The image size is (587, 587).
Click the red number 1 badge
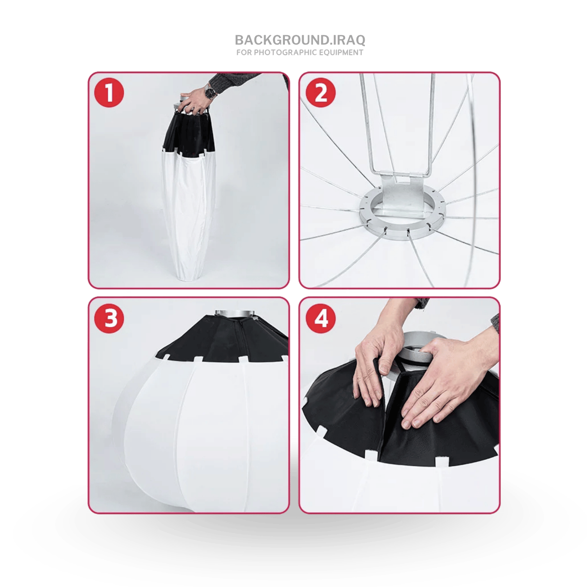109,93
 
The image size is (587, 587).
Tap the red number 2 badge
321,93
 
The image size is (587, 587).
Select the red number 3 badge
109,318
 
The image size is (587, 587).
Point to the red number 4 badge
321,318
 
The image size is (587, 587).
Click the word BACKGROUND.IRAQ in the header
300,40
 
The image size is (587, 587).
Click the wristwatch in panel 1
210,92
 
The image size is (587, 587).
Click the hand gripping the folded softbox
196,101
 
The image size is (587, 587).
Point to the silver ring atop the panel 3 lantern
235,314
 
